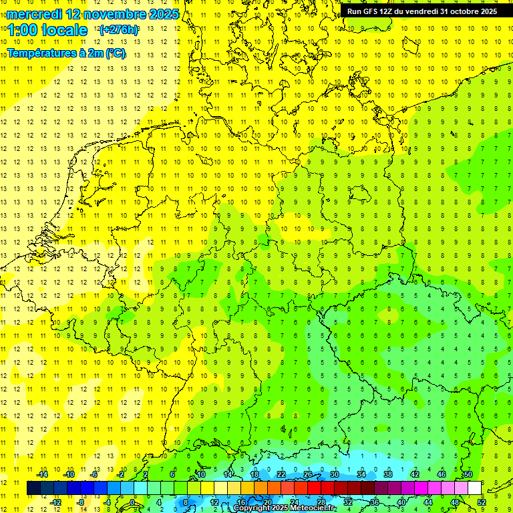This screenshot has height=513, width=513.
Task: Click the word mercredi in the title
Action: pyautogui.click(x=34, y=14)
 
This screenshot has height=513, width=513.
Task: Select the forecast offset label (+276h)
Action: pyautogui.click(x=118, y=30)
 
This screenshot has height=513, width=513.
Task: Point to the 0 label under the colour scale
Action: pyautogui.click(x=133, y=502)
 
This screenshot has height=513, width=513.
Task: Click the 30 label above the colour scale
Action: pyautogui.click(x=335, y=474)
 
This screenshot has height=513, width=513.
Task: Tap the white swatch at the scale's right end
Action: pyautogui.click(x=475, y=488)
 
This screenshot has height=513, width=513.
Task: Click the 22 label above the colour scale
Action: pyautogui.click(x=281, y=474)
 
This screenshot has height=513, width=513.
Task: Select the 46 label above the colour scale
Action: pyautogui.click(x=442, y=474)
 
